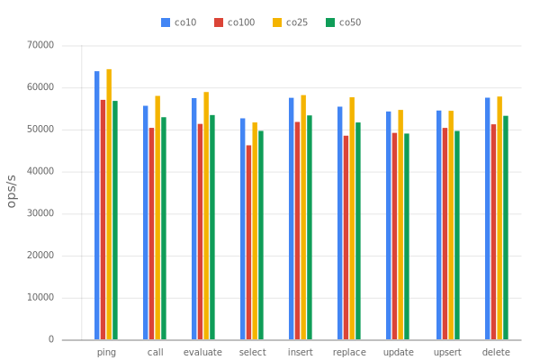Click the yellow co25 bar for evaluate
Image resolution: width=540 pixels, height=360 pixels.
pos(206,215)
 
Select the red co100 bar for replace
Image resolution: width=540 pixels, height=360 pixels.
pos(346,237)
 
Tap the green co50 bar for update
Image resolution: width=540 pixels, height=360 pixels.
pos(407,236)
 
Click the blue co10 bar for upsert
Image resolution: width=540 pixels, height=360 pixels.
pos(438,224)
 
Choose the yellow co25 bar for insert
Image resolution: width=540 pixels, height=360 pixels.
pos(303,217)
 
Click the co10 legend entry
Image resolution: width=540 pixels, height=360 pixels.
pos(179,22)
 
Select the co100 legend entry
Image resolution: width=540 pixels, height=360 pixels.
pos(234,22)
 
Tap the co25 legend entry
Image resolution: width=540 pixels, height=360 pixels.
pos(290,22)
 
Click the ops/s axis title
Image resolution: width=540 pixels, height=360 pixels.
pos(12,191)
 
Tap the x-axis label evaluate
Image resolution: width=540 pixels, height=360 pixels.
pos(202,351)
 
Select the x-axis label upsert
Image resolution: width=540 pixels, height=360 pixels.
pos(447,351)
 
